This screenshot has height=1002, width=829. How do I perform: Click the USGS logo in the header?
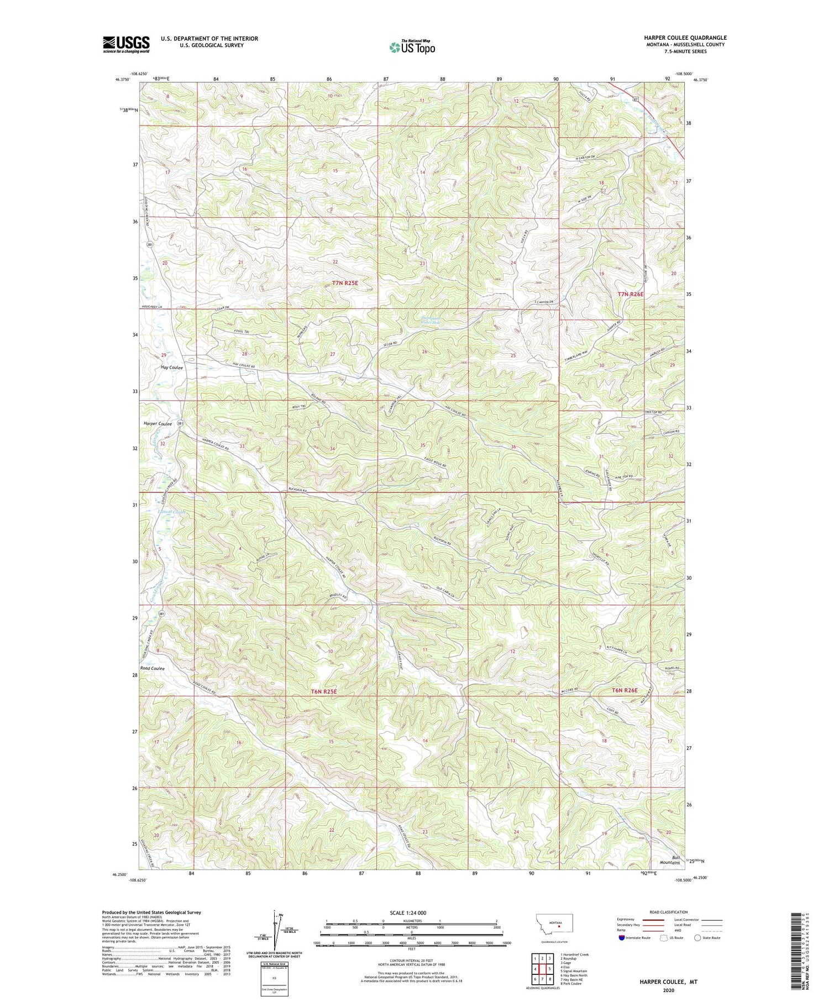coord(126,44)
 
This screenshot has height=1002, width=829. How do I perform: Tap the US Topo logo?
coord(412,48)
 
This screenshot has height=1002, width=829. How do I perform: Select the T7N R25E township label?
coord(345,282)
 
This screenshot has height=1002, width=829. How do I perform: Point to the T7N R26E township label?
coord(631,295)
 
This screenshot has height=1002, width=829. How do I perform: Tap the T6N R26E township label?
coord(625,690)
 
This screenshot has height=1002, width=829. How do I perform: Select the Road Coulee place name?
coord(153,668)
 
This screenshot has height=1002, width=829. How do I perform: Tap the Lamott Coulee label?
coord(171,512)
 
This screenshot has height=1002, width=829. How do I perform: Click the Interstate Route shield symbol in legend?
coord(621,938)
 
